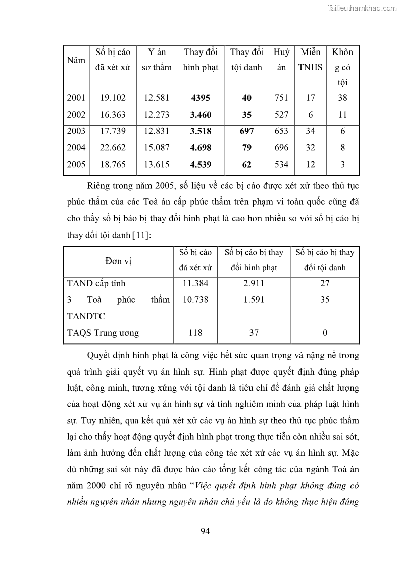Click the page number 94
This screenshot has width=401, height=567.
pyautogui.click(x=205, y=531)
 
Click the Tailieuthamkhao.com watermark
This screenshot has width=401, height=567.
pyautogui.click(x=362, y=8)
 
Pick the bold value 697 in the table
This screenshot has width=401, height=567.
pyautogui.click(x=246, y=131)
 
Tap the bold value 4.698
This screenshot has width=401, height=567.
pyautogui.click(x=201, y=148)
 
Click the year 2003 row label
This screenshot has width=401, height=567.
pyautogui.click(x=76, y=131)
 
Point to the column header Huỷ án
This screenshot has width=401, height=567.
pyautogui.click(x=281, y=60)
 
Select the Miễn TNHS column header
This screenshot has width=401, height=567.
pyautogui.click(x=311, y=60)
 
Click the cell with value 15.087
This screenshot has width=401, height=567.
pyautogui.click(x=157, y=148)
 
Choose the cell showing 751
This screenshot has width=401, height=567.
pyautogui.click(x=281, y=98)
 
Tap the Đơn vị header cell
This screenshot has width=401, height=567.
pyautogui.click(x=118, y=260)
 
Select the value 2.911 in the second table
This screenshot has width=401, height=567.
pyautogui.click(x=254, y=284)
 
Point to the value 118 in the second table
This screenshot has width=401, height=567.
pyautogui.click(x=195, y=333)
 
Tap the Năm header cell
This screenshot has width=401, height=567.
pyautogui.click(x=76, y=60)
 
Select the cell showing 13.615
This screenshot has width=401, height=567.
pyautogui.click(x=157, y=165)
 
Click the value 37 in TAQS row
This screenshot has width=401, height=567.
pyautogui.click(x=254, y=333)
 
